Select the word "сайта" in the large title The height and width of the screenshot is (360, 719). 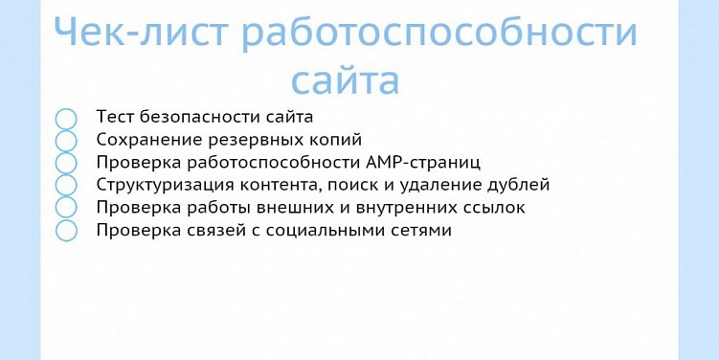click(x=345, y=79)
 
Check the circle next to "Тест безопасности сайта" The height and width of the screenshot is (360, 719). click(x=66, y=119)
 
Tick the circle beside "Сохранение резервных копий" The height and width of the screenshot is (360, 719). click(x=66, y=141)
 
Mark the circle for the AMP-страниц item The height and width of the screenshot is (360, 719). click(x=66, y=163)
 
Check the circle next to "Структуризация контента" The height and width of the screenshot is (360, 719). click(x=66, y=185)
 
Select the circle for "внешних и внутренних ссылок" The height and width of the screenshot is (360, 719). click(x=66, y=207)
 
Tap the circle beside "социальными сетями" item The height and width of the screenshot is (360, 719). click(x=66, y=230)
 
